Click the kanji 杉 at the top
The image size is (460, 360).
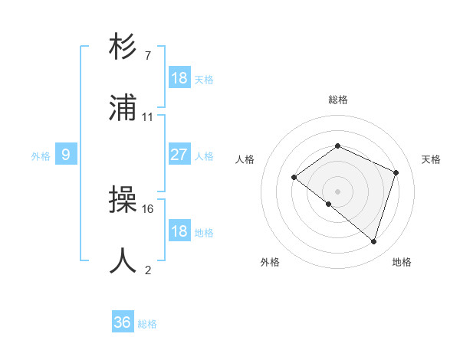pos(123,47)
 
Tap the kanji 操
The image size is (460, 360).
pos(123,201)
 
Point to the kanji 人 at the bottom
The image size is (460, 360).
pos(123,260)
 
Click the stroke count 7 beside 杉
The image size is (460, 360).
pos(147,56)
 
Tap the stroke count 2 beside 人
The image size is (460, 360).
pos(147,270)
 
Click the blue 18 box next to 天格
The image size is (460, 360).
pos(179,78)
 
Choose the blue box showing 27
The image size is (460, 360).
pos(179,155)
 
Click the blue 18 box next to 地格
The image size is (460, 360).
pos(179,231)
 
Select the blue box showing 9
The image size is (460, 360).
pos(66,155)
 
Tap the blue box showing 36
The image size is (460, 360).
pos(123,322)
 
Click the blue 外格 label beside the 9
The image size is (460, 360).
pos(41,156)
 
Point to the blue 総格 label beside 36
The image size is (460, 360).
pos(147,324)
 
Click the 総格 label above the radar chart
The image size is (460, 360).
pos(338,100)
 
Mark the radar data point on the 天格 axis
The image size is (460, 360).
pos(396,172)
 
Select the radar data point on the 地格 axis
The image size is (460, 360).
pos(374,241)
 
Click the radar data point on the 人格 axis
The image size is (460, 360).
pos(294,178)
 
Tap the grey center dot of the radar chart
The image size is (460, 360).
pos(338,191)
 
